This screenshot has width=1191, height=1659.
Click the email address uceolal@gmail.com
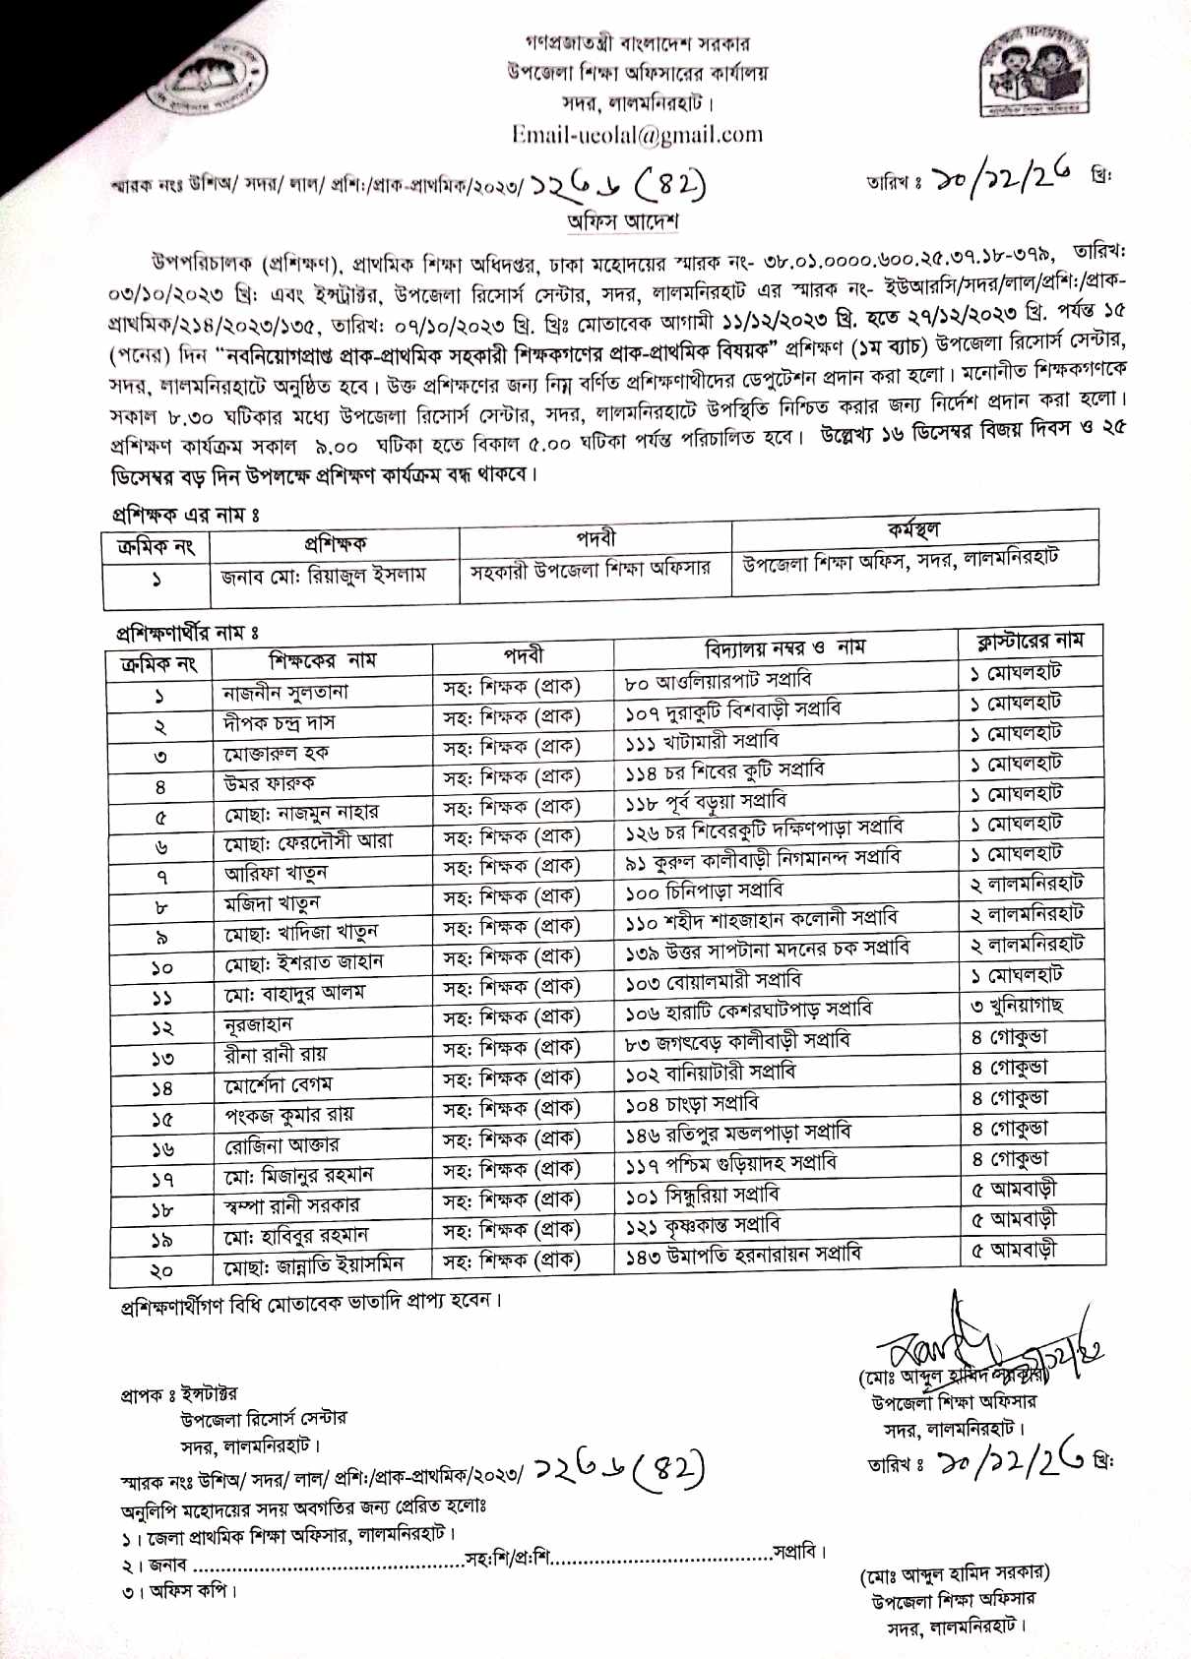tap(637, 135)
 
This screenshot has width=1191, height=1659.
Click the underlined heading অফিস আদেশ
tap(622, 221)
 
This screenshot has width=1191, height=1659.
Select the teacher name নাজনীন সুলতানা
tap(285, 693)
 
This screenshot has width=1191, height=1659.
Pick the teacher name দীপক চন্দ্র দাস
tap(280, 723)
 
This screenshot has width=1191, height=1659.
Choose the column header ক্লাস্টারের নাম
tap(1030, 641)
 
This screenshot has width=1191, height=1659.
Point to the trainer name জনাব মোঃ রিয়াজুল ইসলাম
tap(324, 575)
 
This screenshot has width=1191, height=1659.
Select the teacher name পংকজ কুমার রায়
tap(289, 1115)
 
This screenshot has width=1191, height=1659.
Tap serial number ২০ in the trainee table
tap(160, 1270)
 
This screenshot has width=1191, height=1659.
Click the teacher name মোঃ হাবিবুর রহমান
tap(296, 1235)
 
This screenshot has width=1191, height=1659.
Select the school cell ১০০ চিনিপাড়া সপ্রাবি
tap(705, 891)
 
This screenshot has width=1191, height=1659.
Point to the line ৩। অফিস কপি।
tap(180, 1590)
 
